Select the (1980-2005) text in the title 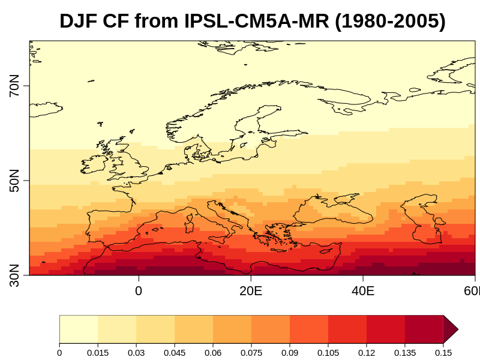[x=391, y=22]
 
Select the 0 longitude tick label [x=139, y=291]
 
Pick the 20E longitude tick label [x=251, y=291]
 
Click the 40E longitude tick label [x=363, y=291]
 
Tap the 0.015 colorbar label [x=98, y=352]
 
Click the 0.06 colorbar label [x=213, y=352]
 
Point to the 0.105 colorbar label [x=328, y=352]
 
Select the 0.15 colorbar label [x=443, y=352]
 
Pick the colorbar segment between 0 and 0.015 [x=79, y=329]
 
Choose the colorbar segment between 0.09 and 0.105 [x=309, y=329]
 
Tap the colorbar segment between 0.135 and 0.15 [x=424, y=329]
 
